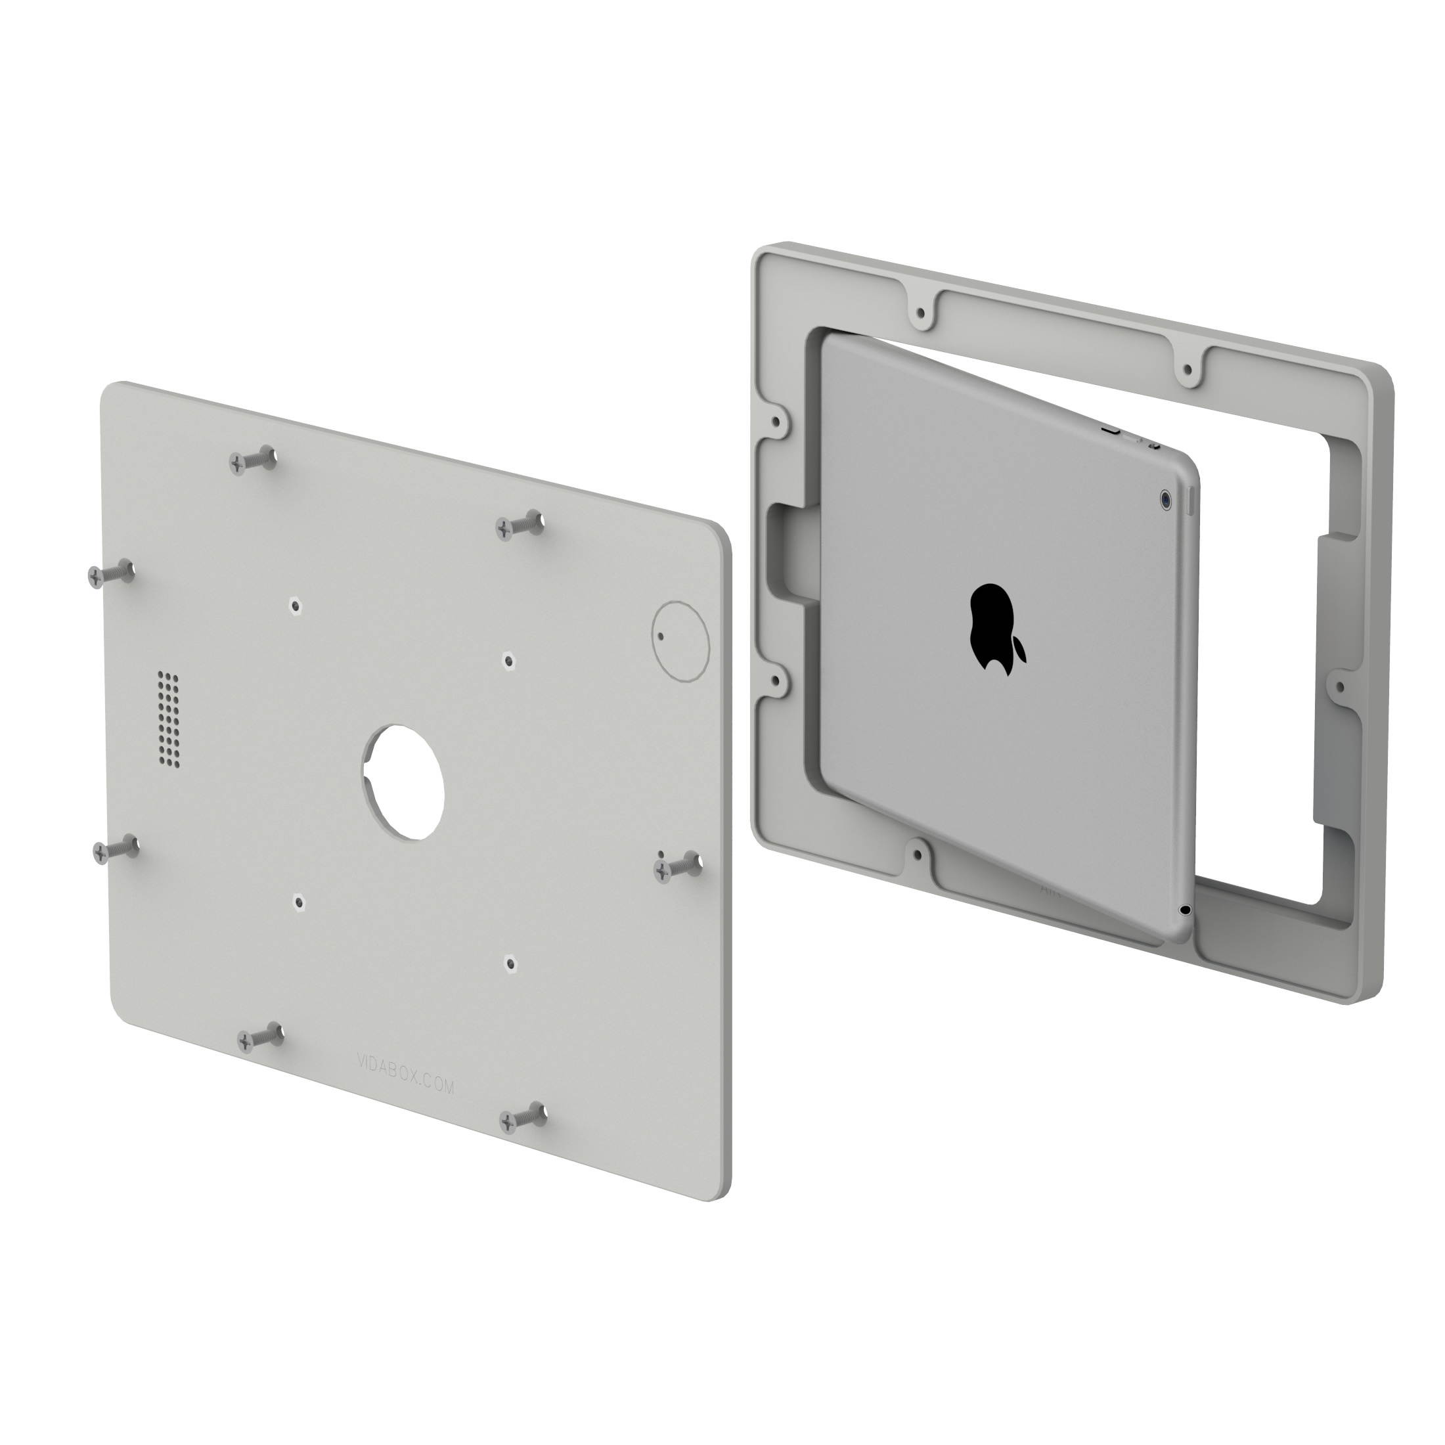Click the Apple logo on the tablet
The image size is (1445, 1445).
point(998,630)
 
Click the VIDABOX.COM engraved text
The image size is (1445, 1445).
point(406,1074)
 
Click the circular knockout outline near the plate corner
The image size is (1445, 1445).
point(680,640)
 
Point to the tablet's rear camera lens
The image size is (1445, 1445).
point(1166,500)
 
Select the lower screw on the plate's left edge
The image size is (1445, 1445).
point(114,849)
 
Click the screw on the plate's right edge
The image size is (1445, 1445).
point(678,867)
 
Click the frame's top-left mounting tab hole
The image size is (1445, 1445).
point(921,312)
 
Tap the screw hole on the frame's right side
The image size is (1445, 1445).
point(1339,686)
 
